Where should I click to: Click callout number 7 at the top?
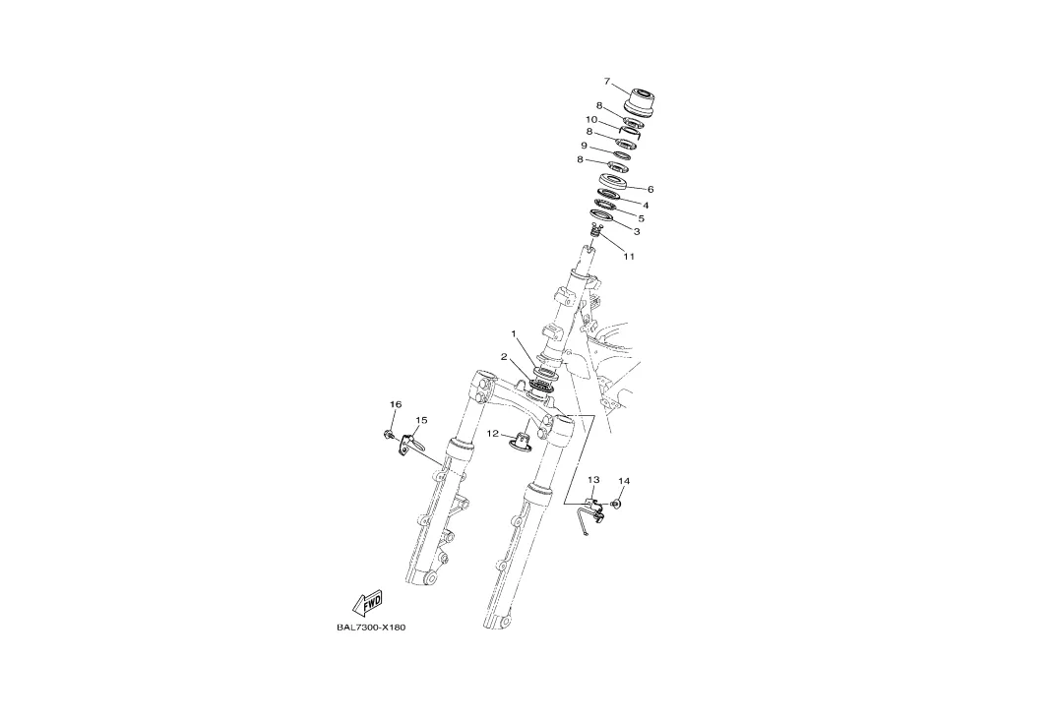[607, 82]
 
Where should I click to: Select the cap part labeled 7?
[641, 100]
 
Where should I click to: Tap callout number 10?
[591, 120]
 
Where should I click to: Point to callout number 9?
[584, 146]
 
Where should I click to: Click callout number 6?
[650, 189]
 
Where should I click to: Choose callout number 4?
[646, 206]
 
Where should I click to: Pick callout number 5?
[641, 218]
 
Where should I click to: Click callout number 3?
[637, 232]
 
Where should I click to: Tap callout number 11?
[629, 257]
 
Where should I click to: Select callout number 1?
[513, 333]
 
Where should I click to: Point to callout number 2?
[504, 357]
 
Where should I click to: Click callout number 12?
[493, 434]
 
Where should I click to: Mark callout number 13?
[593, 480]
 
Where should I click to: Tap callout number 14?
[624, 481]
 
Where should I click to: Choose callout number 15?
[421, 420]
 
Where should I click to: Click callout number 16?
[396, 404]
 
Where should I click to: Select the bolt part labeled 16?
[390, 433]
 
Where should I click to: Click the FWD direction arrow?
[367, 602]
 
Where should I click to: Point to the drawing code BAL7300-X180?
[371, 628]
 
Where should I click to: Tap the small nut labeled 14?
[617, 504]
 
